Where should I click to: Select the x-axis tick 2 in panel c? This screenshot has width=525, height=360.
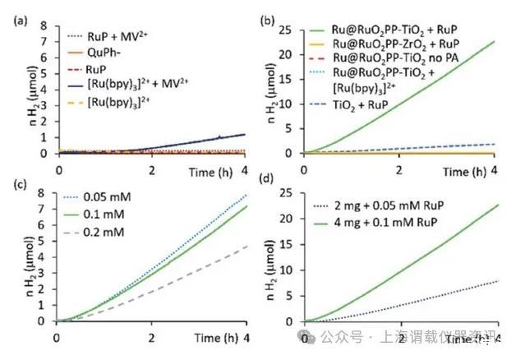pyautogui.click(x=150, y=337)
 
